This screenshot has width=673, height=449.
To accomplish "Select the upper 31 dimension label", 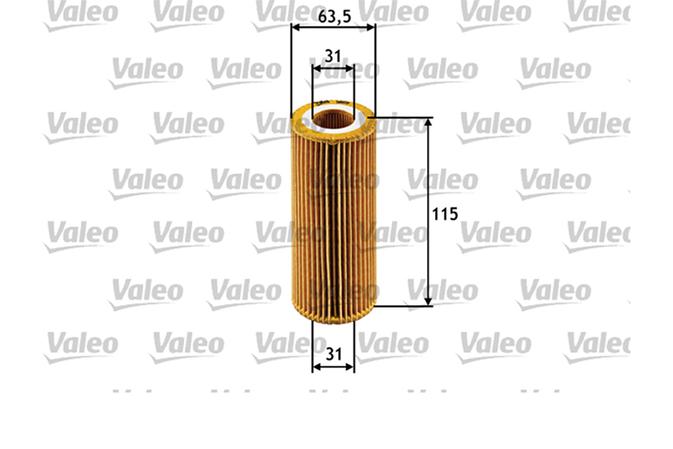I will point(334,55).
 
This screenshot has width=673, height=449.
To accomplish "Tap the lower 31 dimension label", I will point(334,355).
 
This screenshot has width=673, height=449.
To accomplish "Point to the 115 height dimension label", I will point(445,213).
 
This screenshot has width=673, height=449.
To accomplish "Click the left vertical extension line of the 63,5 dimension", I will point(291,75).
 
